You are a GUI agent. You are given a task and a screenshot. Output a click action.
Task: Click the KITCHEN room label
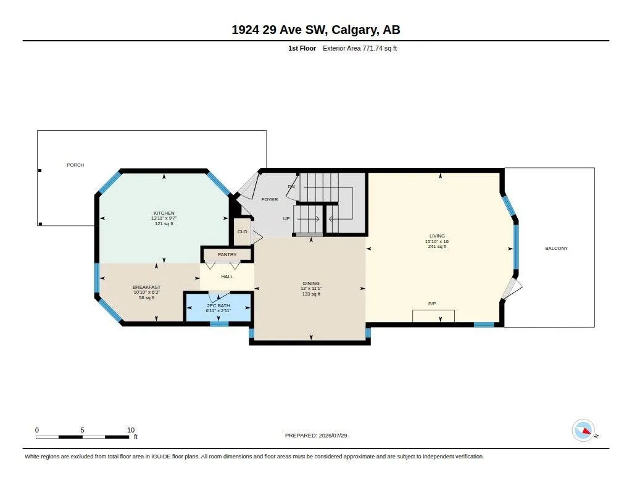164,213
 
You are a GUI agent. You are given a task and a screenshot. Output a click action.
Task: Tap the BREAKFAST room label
146,287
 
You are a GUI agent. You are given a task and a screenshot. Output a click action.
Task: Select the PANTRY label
227,254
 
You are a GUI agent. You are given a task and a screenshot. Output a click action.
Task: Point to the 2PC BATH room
218,307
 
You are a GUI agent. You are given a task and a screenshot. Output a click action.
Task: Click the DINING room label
311,283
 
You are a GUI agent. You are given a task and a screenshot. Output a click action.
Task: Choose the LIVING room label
437,236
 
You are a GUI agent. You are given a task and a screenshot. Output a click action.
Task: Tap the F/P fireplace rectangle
433,316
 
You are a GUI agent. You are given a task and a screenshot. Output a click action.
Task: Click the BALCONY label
556,248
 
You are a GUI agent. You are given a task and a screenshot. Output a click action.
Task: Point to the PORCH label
75,165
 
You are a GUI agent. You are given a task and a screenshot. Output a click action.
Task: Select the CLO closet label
242,232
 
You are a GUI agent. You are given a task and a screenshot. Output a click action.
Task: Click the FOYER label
270,199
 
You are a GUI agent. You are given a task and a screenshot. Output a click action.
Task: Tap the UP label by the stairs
286,219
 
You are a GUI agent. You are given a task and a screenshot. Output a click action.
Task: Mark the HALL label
227,276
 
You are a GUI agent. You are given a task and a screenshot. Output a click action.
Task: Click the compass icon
583,431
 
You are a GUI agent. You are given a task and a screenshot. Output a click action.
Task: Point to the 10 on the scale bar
131,430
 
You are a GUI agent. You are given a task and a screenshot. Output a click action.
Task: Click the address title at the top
316,30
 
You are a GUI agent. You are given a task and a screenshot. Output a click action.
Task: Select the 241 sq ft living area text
437,247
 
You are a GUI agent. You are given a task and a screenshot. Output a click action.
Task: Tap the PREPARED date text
316,436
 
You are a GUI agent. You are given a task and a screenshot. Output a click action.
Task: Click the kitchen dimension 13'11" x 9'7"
164,218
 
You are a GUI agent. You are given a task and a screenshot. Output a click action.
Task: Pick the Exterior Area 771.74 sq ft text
360,48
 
